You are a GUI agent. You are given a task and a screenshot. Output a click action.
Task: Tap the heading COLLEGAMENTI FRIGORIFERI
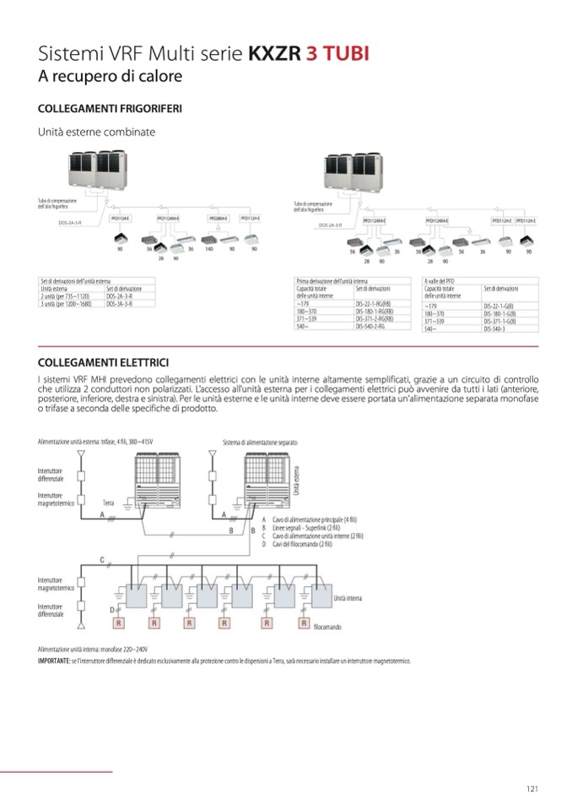(x=111, y=109)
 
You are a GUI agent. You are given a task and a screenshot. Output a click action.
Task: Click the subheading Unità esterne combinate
(x=96, y=132)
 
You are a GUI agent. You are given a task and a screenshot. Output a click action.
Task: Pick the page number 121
(x=532, y=789)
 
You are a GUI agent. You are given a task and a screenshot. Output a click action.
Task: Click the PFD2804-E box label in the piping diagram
(x=219, y=218)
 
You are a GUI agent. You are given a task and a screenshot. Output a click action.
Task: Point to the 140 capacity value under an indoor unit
(x=208, y=250)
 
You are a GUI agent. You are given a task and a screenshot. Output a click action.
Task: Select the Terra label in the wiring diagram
(x=108, y=501)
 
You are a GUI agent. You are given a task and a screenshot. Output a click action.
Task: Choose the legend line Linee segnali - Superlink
(x=311, y=527)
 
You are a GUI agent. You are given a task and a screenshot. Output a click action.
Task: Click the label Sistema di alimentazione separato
(x=260, y=442)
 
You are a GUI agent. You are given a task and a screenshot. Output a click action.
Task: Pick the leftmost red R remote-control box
(x=120, y=622)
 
